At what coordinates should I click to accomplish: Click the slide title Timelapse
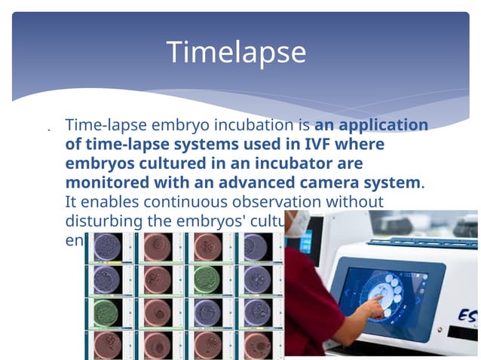point(236,53)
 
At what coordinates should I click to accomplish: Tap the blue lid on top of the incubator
point(422,243)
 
